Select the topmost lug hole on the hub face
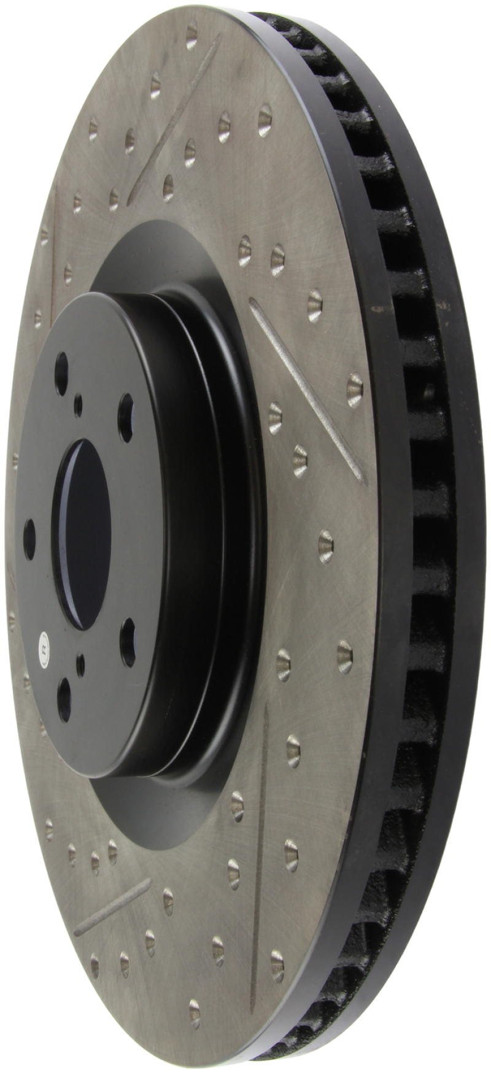(x=61, y=374)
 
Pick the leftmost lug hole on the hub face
(x=29, y=538)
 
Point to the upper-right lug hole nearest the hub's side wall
(x=126, y=409)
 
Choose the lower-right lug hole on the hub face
(x=128, y=642)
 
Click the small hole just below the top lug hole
(x=78, y=404)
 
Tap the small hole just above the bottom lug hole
(x=80, y=664)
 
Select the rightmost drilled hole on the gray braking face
(x=355, y=390)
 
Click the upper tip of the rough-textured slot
(x=253, y=302)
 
